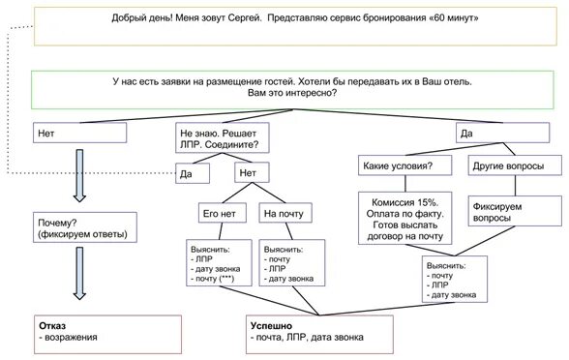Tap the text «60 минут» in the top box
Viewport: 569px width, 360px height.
[x=457, y=17]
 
